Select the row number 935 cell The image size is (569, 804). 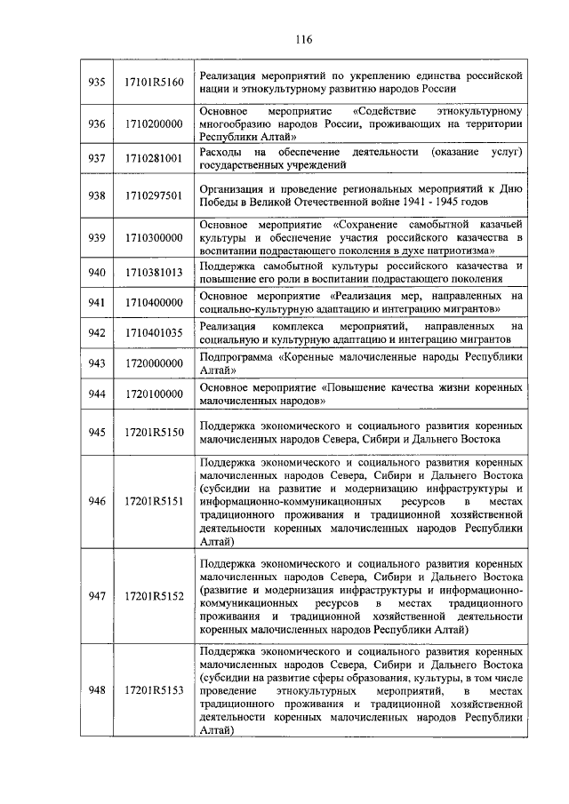coord(97,82)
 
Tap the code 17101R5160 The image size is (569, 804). coord(154,82)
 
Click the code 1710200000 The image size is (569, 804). coord(154,123)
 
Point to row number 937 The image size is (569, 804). coord(97,158)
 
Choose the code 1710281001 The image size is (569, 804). coord(154,158)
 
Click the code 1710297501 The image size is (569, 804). coord(154,196)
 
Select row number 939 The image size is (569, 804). coord(97,238)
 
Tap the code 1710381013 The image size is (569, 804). coord(154,273)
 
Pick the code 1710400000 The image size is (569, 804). coord(154,302)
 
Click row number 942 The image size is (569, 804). coord(97,333)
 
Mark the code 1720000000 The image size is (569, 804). coord(154,363)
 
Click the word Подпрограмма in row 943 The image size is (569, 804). coord(235,356)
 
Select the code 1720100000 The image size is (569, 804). coord(154,394)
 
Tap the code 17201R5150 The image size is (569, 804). coord(154,432)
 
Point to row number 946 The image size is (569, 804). coord(97,502)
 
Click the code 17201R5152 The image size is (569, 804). coord(154,596)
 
